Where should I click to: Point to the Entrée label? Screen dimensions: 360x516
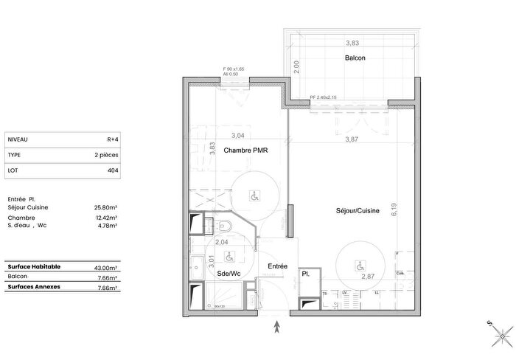coord(277,266)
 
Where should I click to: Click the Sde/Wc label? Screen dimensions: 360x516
coord(229,274)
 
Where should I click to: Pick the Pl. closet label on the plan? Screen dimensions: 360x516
coord(305,274)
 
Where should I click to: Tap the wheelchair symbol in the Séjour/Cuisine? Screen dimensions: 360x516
coord(359,265)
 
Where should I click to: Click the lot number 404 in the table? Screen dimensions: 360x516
coord(113,170)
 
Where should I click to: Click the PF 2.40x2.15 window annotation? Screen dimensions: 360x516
coord(323,97)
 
